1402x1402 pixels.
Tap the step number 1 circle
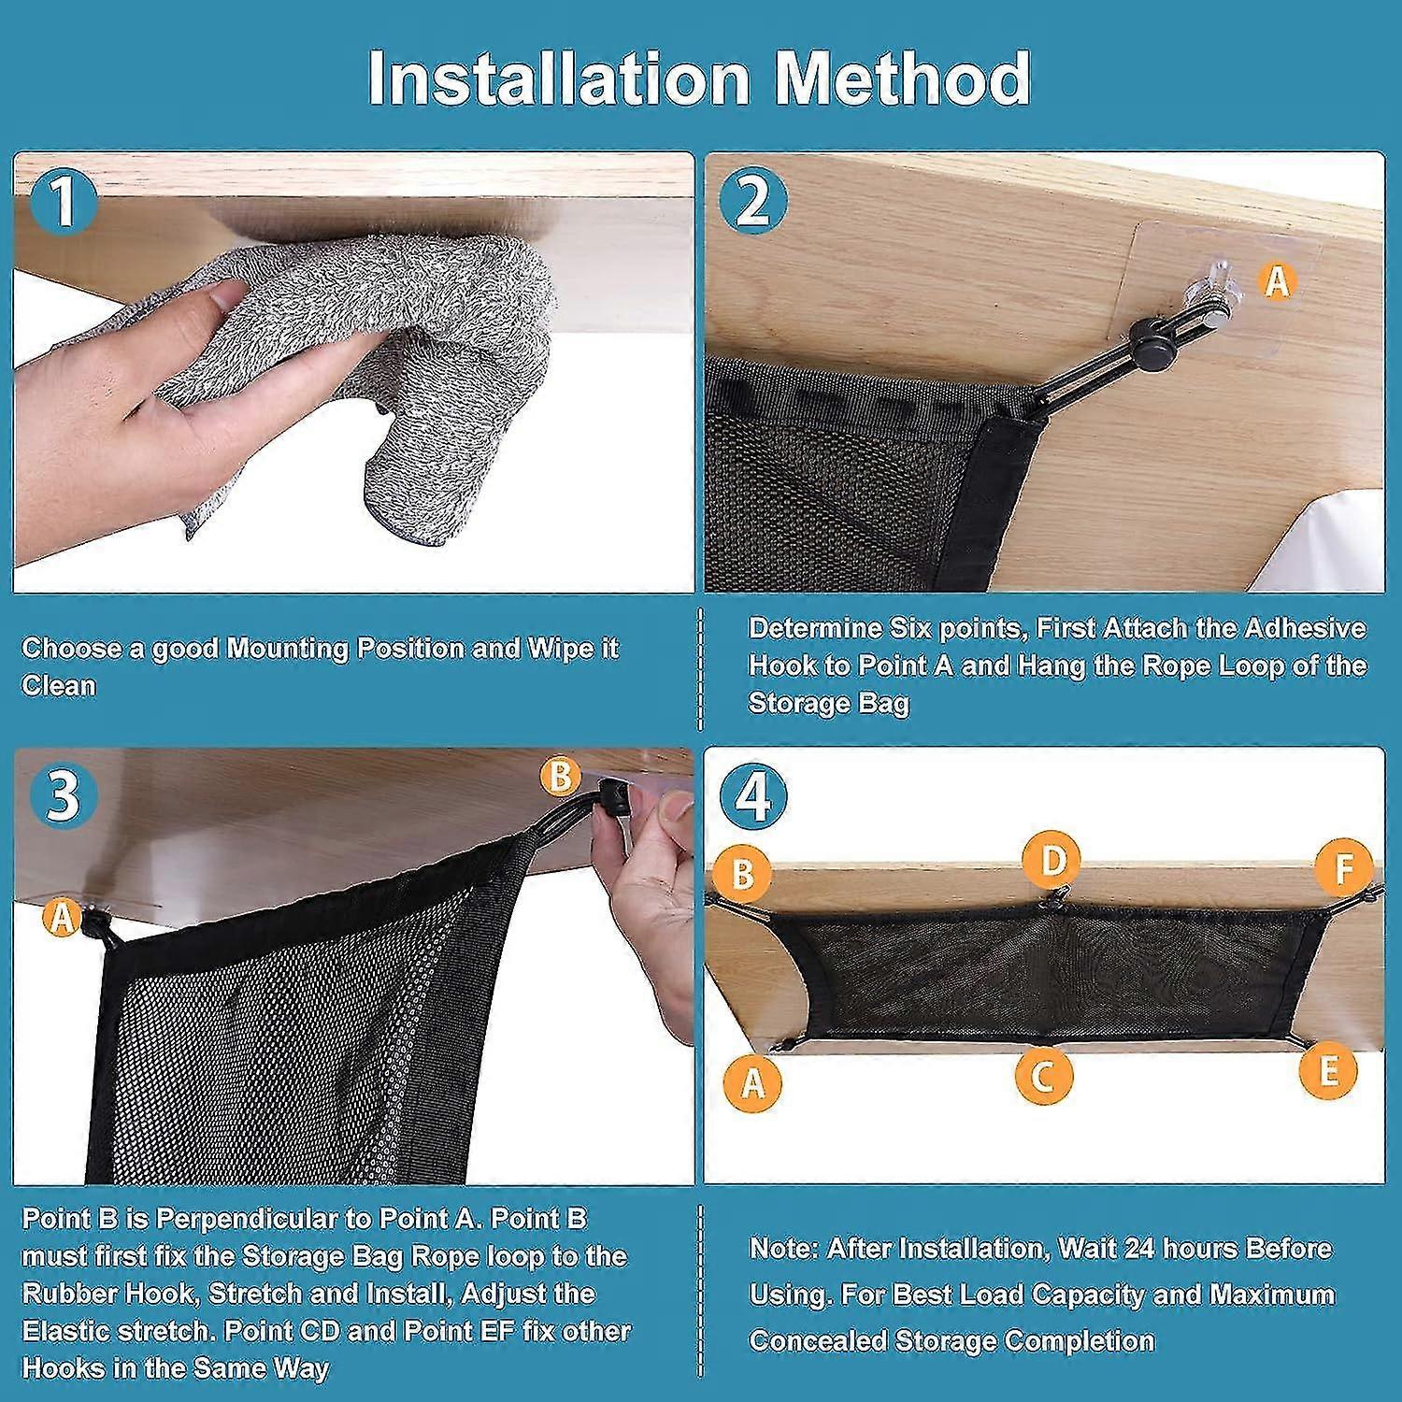coord(63,202)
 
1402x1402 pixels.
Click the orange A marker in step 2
coord(1277,280)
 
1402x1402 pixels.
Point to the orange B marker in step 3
coord(559,776)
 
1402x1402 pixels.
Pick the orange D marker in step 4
coord(1051,860)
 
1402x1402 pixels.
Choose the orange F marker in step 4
coord(1343,867)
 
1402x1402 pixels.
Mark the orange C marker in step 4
coord(1043,1075)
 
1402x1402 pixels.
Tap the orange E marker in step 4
coord(1328,1068)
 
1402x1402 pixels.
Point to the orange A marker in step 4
coord(752,1081)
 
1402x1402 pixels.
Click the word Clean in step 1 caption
coord(58,685)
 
